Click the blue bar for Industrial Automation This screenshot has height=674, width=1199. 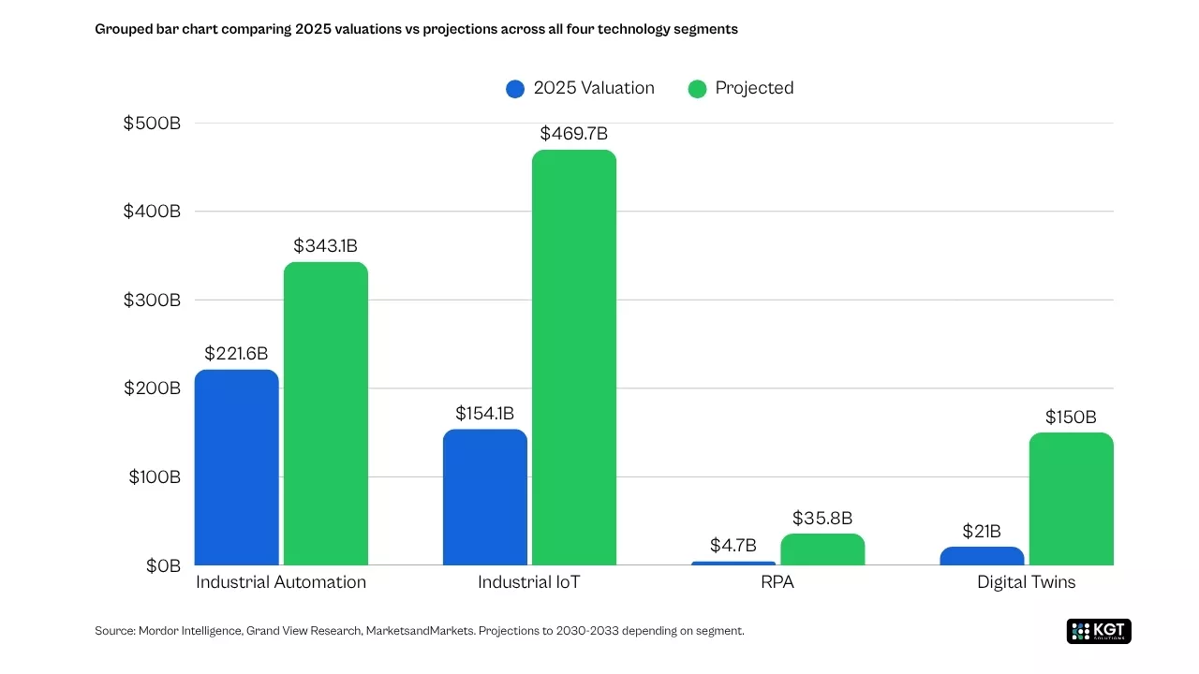coord(236,467)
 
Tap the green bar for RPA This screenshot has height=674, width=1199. coord(822,549)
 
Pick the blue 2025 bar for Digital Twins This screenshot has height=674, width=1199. coord(982,556)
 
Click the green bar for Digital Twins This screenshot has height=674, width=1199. coord(1071,499)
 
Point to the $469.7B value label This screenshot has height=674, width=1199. coord(574,134)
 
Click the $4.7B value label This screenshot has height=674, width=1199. coord(733,545)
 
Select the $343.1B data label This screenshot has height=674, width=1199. coord(325,246)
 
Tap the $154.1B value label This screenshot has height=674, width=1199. coord(484,413)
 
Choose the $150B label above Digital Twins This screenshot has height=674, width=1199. coord(1071,418)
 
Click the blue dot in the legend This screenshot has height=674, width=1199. coord(515,89)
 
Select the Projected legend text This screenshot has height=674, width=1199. coord(754,88)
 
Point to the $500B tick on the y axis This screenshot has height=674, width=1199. coord(152,124)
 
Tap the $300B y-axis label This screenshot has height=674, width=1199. coord(152,300)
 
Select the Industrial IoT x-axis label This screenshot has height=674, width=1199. coord(528,582)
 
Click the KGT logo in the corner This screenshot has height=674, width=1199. coord(1099,631)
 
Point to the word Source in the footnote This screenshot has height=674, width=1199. coord(114,631)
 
